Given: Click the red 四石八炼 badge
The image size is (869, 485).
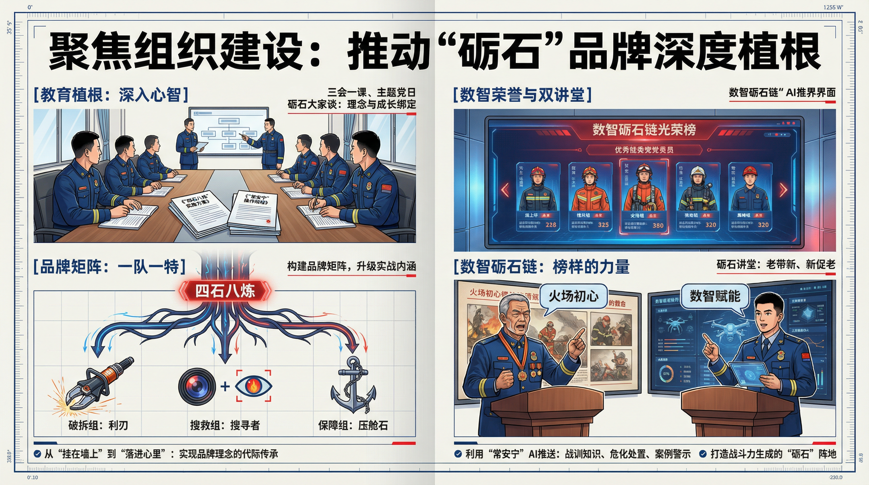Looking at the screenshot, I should point(225,291).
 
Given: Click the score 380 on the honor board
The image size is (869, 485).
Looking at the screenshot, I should point(658,225).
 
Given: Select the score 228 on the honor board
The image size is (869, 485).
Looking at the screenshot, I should point(551,225).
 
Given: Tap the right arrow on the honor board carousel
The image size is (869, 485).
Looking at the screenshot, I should point(783,190).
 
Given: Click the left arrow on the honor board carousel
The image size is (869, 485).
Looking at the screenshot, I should point(505,190).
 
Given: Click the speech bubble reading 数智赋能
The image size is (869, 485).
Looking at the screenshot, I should point(715,296).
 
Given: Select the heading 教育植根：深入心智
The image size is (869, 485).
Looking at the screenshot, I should point(111,95).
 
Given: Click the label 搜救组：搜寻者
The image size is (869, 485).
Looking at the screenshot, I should point(225,425).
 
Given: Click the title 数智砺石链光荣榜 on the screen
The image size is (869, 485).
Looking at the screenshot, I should point(644,129).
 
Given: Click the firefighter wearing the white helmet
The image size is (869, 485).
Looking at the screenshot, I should point(698,192).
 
